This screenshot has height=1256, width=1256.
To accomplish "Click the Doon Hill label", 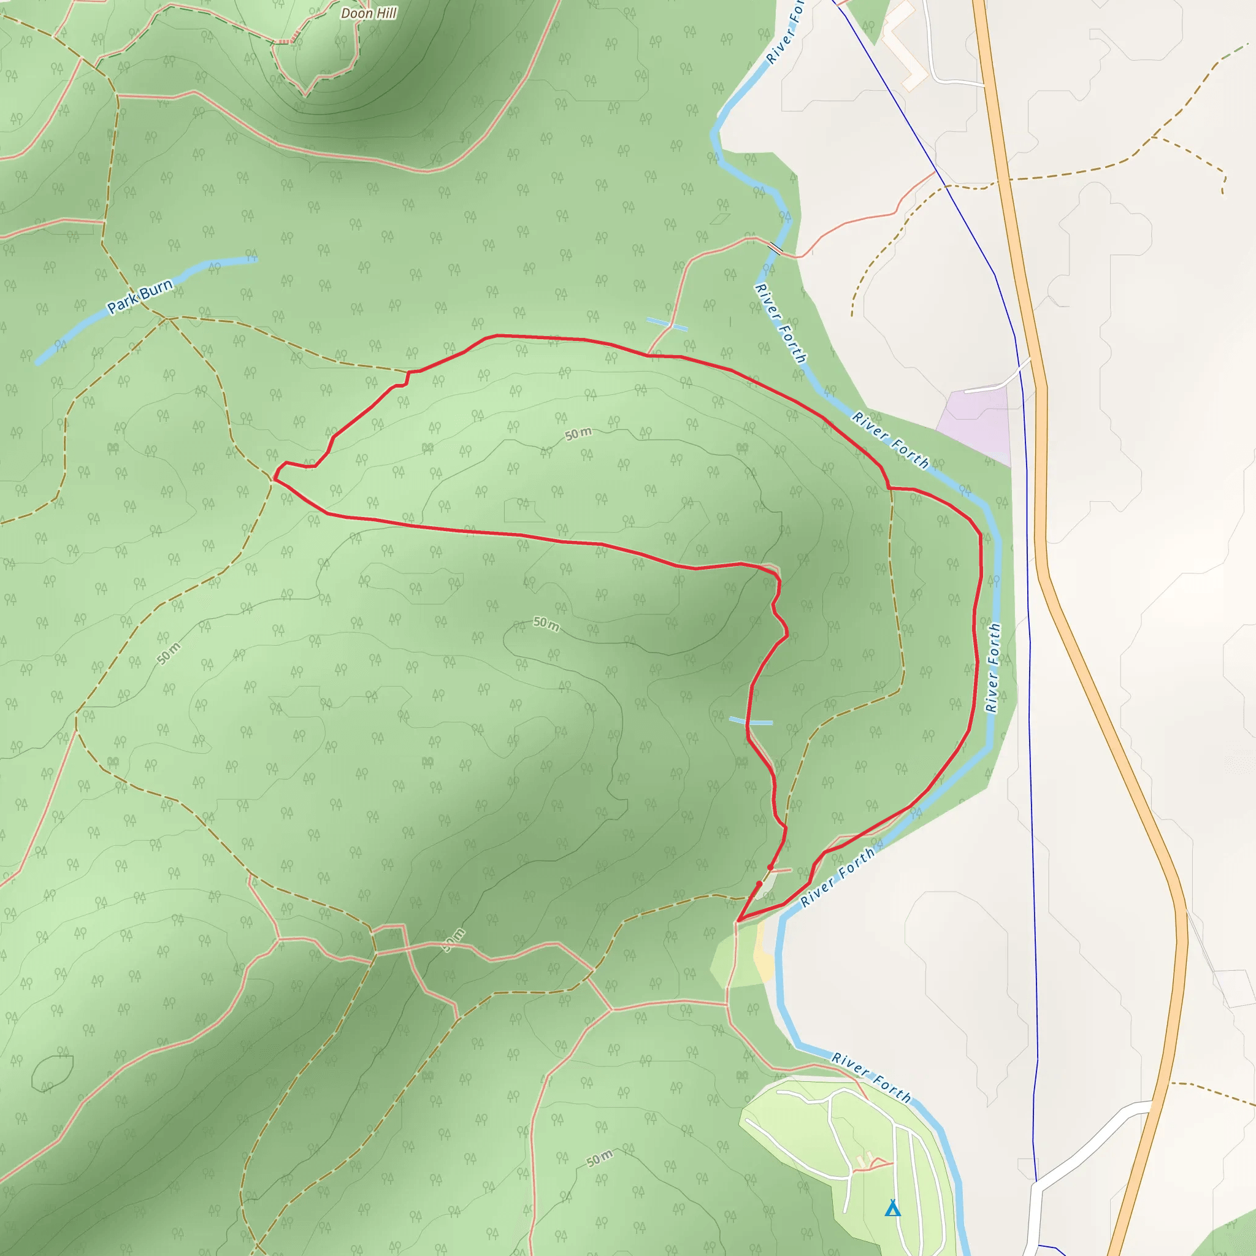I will click(x=369, y=13).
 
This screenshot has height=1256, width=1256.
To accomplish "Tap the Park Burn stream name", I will click(x=140, y=296).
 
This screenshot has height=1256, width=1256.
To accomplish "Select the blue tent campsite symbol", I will click(x=892, y=1190).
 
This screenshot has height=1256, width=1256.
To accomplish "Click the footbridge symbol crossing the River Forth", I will click(x=776, y=248).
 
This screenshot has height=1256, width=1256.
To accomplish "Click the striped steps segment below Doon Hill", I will click(x=284, y=42).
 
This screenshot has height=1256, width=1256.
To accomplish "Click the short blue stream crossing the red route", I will click(x=751, y=721).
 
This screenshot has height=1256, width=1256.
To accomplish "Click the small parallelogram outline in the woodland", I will click(x=721, y=219).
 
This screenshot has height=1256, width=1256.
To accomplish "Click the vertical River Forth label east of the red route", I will click(x=993, y=668).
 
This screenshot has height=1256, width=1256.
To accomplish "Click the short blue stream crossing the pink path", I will click(x=667, y=324).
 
